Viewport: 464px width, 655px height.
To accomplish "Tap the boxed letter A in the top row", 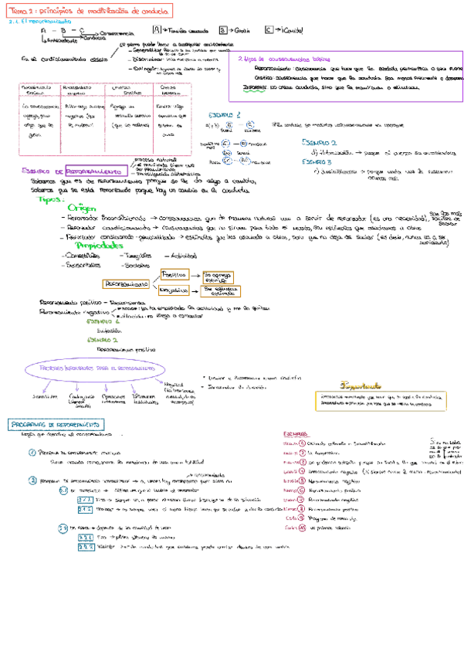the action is (156, 29).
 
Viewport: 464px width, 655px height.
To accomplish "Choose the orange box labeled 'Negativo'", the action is (174, 290).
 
